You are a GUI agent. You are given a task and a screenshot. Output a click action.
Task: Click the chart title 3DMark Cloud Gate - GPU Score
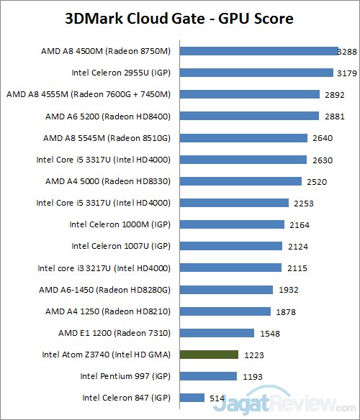coord(179,18)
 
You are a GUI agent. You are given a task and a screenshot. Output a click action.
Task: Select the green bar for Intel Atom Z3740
coord(209,355)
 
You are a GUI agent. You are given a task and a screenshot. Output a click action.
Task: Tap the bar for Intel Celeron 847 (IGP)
coord(192,398)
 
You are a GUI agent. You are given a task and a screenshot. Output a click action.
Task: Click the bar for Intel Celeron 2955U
coord(256,73)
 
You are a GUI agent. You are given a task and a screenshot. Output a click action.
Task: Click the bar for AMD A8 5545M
coord(243,137)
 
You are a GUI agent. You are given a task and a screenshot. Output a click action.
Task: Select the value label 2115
coord(295,268)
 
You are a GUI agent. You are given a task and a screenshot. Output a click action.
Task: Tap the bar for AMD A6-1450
coord(226,289)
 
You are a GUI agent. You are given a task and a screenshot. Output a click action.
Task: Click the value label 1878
coord(284,311)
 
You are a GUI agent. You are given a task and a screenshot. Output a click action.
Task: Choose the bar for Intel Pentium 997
coord(208,376)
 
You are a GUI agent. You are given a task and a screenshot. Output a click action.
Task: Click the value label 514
coord(217,398)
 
